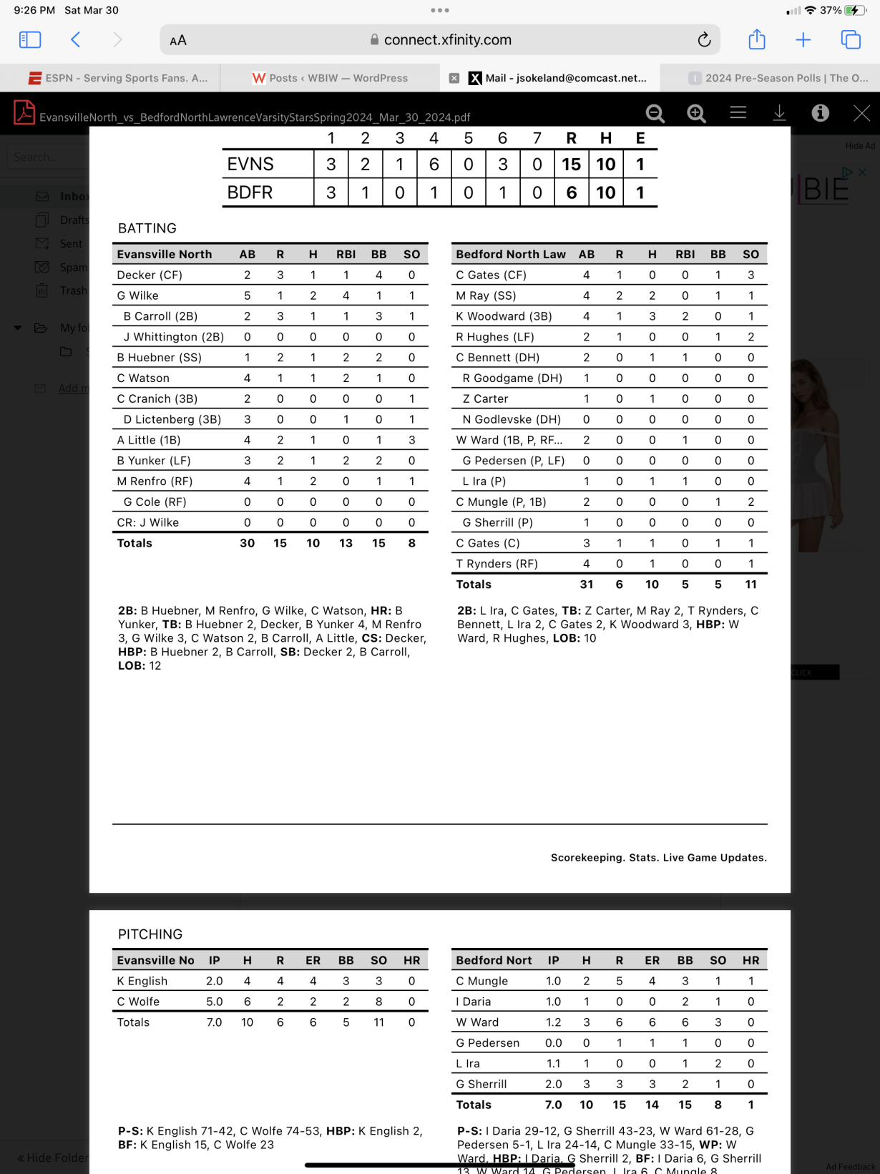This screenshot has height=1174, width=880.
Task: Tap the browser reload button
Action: [704, 40]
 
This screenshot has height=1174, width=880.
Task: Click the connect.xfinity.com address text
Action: [447, 40]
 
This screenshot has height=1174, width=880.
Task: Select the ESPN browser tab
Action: [118, 78]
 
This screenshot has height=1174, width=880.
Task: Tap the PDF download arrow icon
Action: [779, 113]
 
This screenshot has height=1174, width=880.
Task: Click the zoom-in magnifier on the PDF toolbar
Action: [696, 113]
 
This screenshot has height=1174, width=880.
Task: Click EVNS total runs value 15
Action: [571, 165]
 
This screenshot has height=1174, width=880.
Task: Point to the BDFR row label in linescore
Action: [250, 192]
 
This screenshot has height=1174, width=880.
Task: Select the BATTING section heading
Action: [147, 228]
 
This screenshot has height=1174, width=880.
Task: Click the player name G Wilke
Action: [138, 295]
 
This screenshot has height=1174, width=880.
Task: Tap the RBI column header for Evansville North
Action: [346, 254]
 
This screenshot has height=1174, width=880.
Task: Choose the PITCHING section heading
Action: [150, 934]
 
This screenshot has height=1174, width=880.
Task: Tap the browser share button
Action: [756, 40]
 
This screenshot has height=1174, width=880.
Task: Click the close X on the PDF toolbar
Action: [861, 113]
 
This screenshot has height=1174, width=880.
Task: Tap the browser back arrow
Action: [76, 40]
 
